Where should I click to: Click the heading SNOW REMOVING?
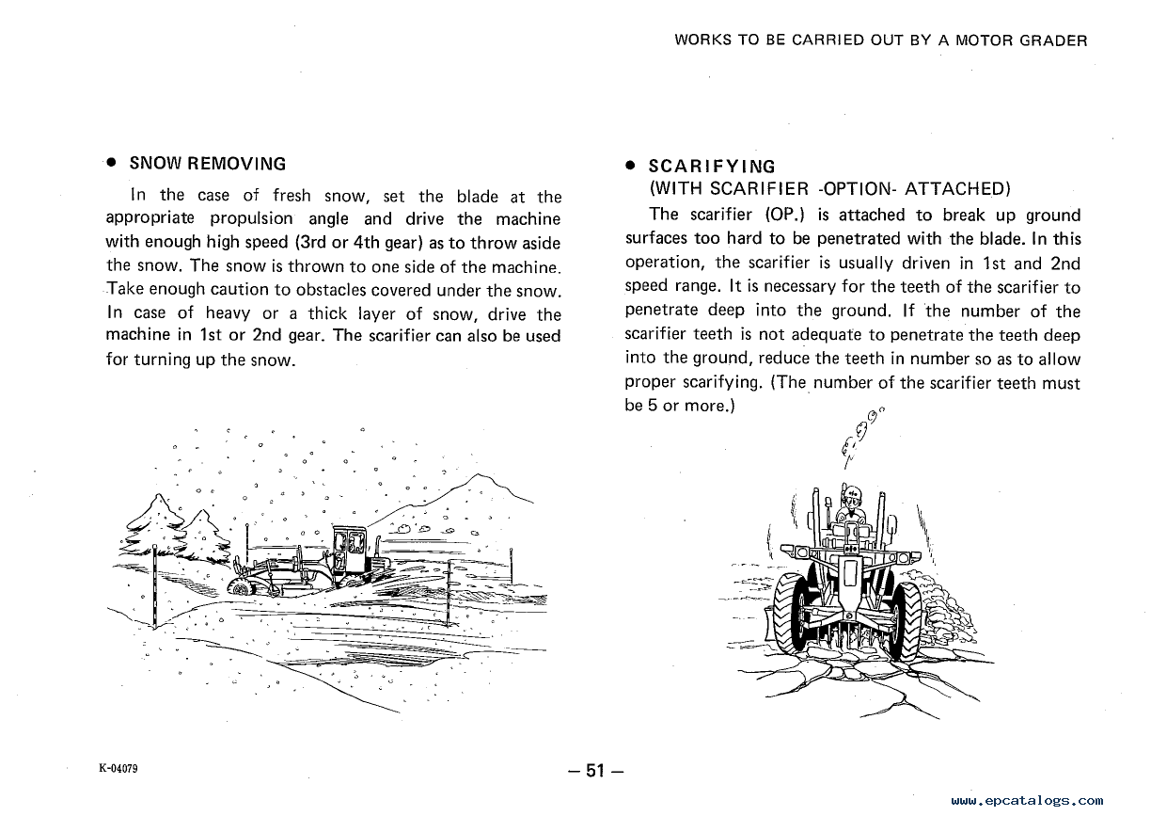pyautogui.click(x=207, y=163)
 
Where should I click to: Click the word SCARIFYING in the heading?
pyautogui.click(x=712, y=168)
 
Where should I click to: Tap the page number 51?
pyautogui.click(x=594, y=771)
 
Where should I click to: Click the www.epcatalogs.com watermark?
pyautogui.click(x=1027, y=800)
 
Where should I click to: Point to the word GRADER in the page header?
pyautogui.click(x=1055, y=40)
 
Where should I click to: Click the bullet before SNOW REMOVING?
pyautogui.click(x=111, y=163)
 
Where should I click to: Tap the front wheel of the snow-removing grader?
pyautogui.click(x=242, y=585)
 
